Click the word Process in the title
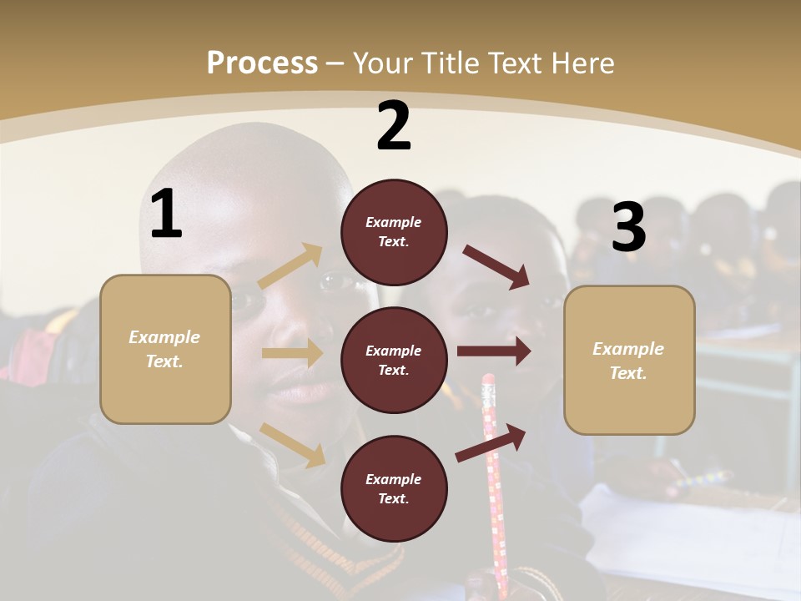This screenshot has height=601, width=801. pyautogui.click(x=262, y=63)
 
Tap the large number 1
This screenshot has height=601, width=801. pyautogui.click(x=165, y=215)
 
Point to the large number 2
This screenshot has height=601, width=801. pyautogui.click(x=394, y=126)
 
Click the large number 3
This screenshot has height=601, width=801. pyautogui.click(x=628, y=227)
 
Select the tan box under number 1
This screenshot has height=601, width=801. pyautogui.click(x=165, y=349)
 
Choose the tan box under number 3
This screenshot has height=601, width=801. pyautogui.click(x=629, y=360)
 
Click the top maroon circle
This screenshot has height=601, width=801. pyautogui.click(x=394, y=232)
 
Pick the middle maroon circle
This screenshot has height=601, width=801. pyautogui.click(x=394, y=360)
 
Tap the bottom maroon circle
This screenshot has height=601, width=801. pyautogui.click(x=394, y=488)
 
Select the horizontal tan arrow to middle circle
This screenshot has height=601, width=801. pyautogui.click(x=292, y=353)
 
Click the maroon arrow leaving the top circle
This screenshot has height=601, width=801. pyautogui.click(x=496, y=266)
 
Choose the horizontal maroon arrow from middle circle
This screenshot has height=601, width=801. pyautogui.click(x=494, y=351)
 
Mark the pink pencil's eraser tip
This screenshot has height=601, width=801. pyautogui.click(x=488, y=382)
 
